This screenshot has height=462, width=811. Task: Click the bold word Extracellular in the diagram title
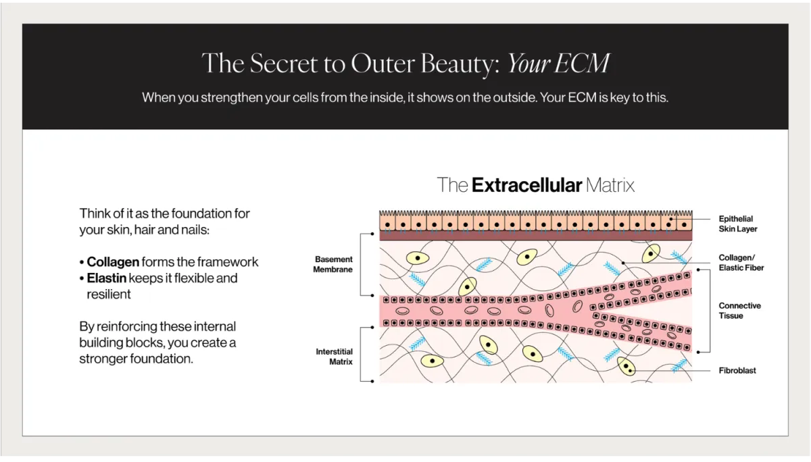click(x=527, y=184)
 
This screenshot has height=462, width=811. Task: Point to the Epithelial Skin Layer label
click(x=737, y=224)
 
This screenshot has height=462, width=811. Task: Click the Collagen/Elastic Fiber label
click(x=741, y=263)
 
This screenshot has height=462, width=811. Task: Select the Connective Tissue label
click(x=739, y=311)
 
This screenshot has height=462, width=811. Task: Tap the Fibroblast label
click(x=737, y=371)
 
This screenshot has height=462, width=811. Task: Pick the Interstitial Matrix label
click(x=334, y=357)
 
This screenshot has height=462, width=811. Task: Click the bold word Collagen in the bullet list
click(x=114, y=262)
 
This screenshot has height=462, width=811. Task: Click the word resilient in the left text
click(x=109, y=294)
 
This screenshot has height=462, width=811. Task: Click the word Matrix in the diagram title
click(x=610, y=184)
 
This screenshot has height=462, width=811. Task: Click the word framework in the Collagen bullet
click(x=228, y=262)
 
